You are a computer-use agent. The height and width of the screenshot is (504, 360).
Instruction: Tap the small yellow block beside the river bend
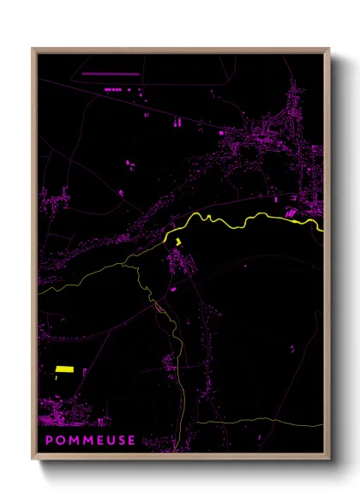click(178, 243)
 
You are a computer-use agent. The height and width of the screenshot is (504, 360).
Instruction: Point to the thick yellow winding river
click(249, 222)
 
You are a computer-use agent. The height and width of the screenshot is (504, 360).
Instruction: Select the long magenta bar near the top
click(110, 75)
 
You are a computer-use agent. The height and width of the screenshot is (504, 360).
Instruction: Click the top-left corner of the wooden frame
click(33, 49)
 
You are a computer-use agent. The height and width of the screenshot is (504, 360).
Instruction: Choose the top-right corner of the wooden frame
click(328, 49)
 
